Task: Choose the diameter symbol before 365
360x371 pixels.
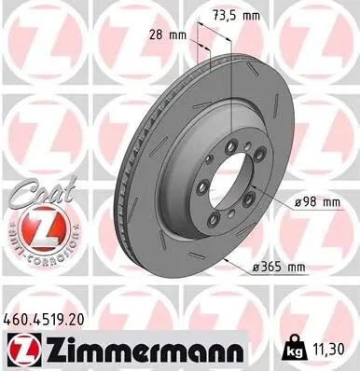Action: tap(255, 268)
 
